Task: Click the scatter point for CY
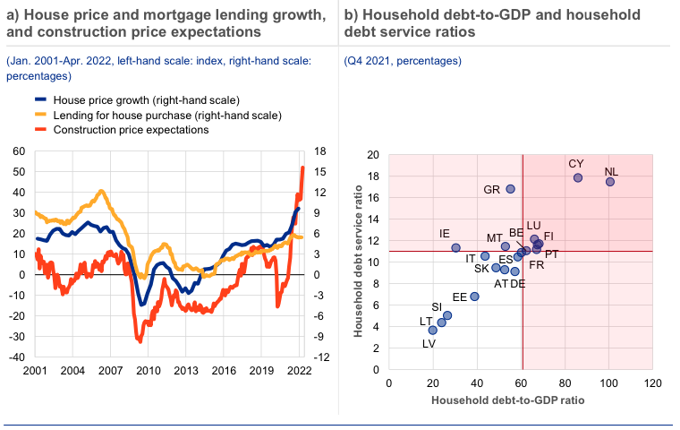coord(578,177)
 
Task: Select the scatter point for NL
coord(610,182)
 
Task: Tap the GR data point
coord(511,189)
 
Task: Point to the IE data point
coord(455,247)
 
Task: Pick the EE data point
coord(474,297)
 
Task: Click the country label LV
coord(429,343)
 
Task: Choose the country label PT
coord(552,254)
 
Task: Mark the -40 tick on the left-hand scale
coord(18,357)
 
